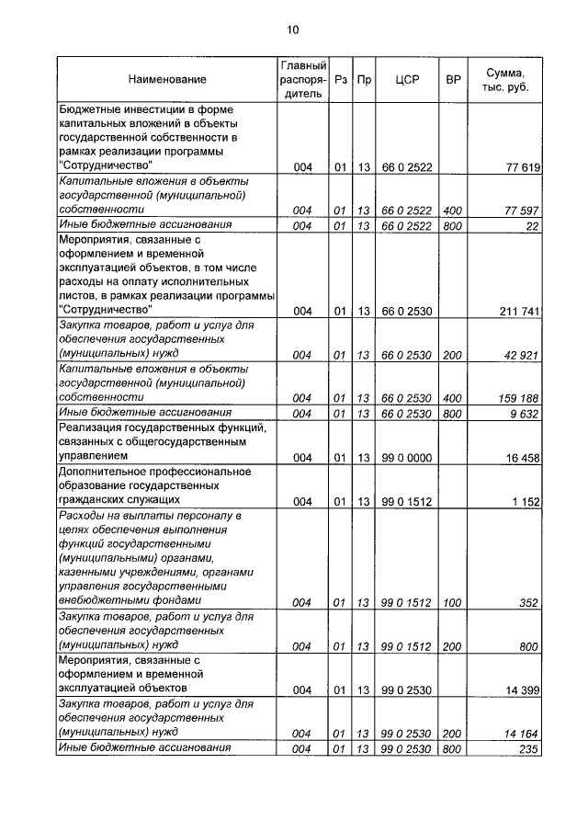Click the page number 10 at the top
[x=292, y=30]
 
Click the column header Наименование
[x=167, y=80]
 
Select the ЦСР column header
[x=406, y=80]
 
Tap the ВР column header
[x=453, y=80]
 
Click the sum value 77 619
[x=523, y=166]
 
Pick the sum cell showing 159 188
[x=519, y=397]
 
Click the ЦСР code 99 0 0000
[x=406, y=457]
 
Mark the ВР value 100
[x=452, y=603]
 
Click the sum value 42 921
[x=522, y=354]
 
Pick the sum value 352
[x=528, y=603]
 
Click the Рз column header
[x=340, y=80]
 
